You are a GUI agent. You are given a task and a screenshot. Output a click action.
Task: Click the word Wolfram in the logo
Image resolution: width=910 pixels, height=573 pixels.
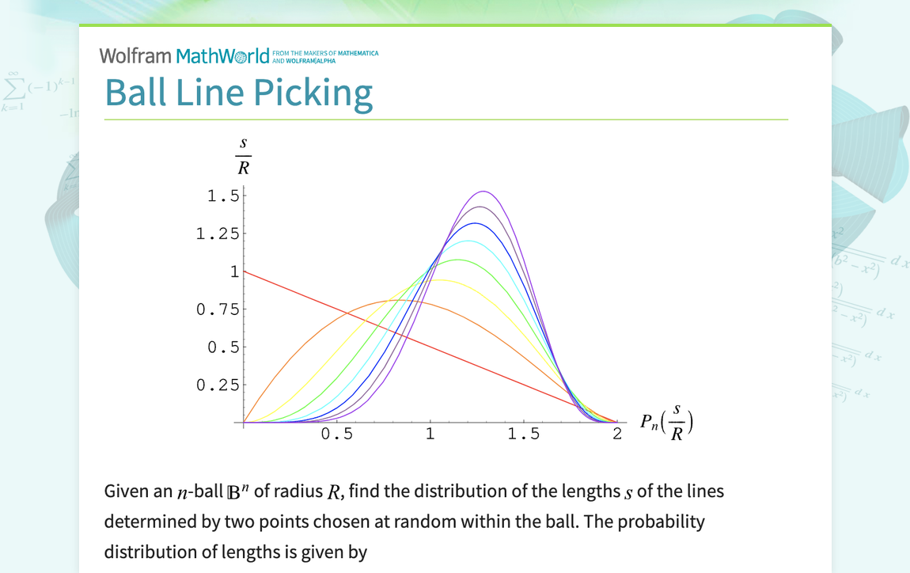135,55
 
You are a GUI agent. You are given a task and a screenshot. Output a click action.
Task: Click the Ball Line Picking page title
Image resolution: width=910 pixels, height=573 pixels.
238,92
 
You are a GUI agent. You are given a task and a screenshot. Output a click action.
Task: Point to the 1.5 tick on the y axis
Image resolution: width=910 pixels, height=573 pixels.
223,195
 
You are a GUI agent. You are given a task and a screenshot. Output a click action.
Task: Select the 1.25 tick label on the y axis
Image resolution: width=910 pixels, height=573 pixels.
218,233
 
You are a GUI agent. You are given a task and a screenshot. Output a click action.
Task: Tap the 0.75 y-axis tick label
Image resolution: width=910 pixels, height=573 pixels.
218,309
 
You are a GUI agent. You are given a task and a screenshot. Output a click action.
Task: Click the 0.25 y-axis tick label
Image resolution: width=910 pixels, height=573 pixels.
218,385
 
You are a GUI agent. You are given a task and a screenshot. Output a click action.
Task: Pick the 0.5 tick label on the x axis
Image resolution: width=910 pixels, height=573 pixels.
337,434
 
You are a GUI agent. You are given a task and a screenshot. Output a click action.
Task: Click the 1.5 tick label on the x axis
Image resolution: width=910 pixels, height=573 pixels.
524,434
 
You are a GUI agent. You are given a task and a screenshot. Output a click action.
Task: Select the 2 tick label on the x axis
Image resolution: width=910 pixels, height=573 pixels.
617,434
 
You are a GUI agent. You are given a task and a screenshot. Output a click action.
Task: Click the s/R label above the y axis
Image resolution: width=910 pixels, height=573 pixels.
244,155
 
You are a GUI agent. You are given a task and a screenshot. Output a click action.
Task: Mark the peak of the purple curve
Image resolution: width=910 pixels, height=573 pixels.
483,192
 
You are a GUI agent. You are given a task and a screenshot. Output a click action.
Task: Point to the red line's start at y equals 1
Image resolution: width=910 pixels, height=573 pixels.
245,271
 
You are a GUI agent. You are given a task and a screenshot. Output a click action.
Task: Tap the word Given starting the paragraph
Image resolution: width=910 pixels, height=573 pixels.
125,491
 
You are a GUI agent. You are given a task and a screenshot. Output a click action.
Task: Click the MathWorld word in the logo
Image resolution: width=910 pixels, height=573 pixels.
222,55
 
